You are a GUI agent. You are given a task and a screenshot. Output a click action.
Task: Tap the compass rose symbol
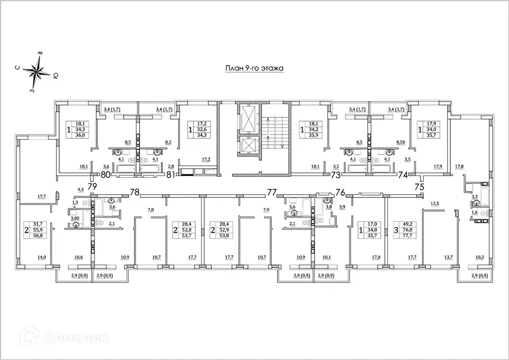(36, 71)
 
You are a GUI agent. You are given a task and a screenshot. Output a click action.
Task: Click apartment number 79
(92, 186)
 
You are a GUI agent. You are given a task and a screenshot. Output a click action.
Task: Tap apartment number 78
(134, 192)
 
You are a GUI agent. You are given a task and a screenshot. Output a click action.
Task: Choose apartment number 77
(272, 192)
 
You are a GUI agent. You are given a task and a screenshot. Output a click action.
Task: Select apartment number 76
(340, 192)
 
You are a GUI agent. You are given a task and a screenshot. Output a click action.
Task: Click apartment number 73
(336, 174)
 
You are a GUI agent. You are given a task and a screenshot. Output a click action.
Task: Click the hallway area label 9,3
(81, 190)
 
